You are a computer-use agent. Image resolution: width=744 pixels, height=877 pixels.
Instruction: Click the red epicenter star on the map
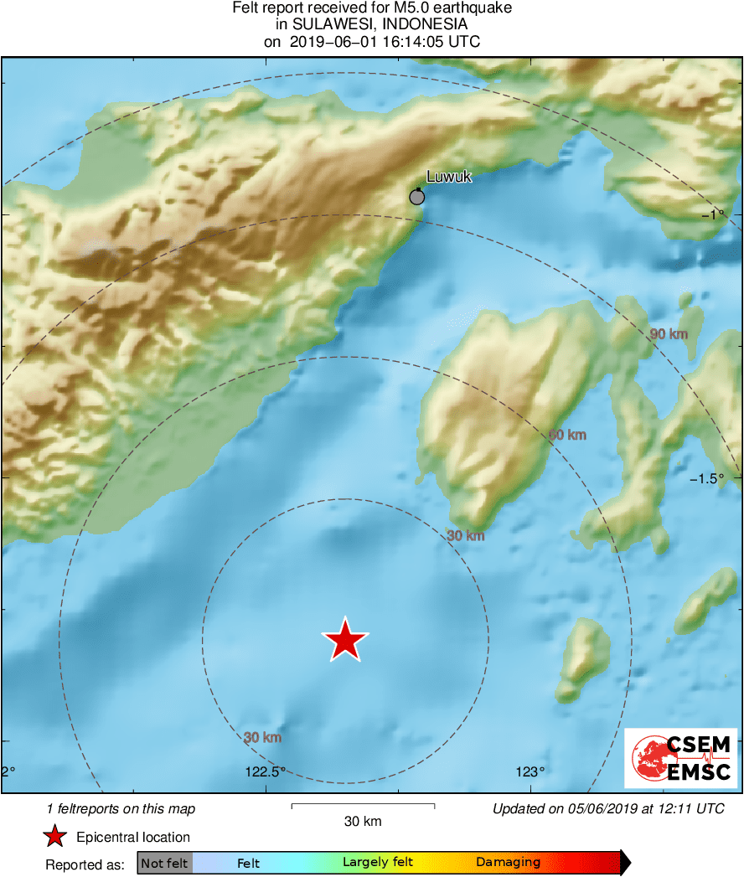click(x=344, y=640)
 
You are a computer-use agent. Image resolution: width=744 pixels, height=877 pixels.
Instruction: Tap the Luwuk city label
click(x=449, y=177)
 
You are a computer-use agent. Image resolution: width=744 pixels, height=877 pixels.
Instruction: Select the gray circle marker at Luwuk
click(x=416, y=198)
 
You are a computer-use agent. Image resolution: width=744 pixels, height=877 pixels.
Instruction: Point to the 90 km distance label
click(x=669, y=334)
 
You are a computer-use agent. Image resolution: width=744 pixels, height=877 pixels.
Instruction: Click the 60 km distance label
click(x=567, y=435)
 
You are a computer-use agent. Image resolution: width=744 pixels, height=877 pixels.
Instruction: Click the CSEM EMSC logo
click(x=681, y=758)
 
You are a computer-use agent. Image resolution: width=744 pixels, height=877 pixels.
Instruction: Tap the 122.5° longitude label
click(x=266, y=772)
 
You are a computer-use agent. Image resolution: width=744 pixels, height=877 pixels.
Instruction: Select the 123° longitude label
click(x=530, y=772)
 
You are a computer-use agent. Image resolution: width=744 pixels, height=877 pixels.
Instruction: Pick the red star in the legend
click(x=55, y=837)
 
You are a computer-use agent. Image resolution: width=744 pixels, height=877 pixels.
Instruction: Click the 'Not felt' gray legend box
click(x=164, y=863)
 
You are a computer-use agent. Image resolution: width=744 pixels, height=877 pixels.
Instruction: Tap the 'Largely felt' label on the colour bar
click(x=378, y=862)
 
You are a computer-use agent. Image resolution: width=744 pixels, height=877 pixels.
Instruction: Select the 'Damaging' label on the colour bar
click(x=508, y=862)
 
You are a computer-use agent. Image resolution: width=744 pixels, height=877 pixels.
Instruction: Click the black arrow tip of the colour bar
click(x=625, y=862)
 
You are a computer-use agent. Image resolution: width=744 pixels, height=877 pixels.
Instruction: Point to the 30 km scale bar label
click(x=363, y=822)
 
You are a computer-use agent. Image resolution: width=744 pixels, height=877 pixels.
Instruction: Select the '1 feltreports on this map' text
click(x=121, y=809)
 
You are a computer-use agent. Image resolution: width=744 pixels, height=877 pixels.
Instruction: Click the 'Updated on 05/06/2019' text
click(x=608, y=809)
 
